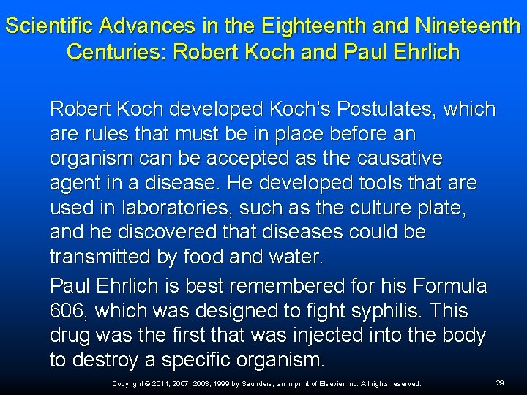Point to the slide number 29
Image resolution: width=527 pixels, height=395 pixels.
click(x=500, y=383)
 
